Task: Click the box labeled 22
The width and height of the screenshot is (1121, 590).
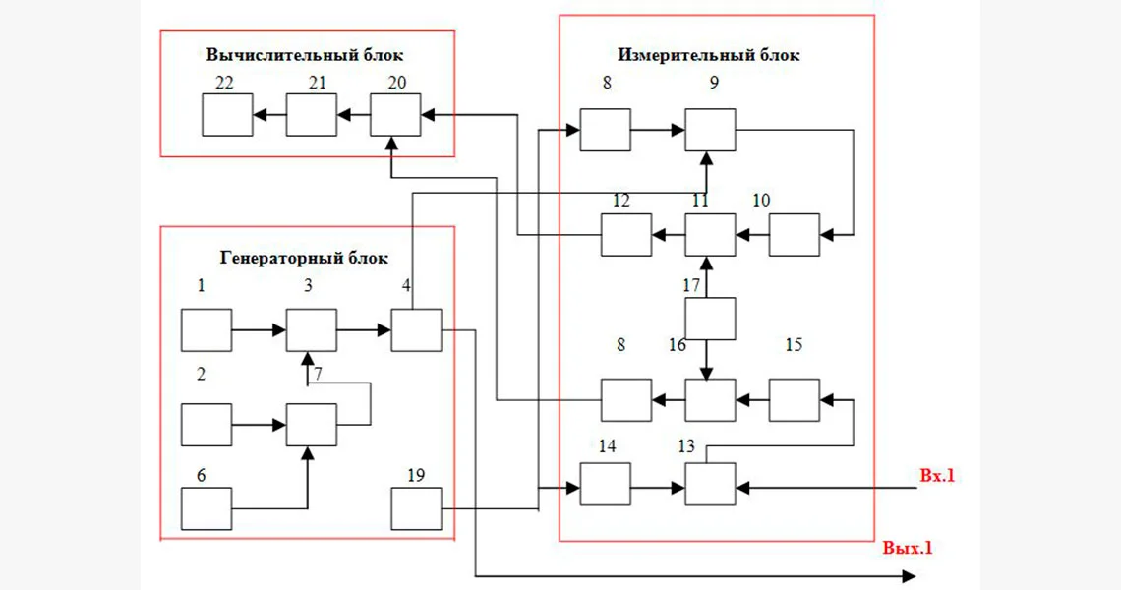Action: pos(227,114)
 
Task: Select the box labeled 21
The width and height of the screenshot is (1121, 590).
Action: pos(311,114)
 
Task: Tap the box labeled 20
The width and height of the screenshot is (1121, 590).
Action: pos(395,114)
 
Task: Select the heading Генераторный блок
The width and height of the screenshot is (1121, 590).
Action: pos(304,258)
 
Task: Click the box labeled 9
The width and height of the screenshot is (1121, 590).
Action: pos(710,130)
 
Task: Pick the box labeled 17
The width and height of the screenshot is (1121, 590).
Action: pos(710,319)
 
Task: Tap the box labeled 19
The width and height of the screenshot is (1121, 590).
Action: pos(417,508)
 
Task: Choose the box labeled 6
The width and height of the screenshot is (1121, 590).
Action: pos(206,508)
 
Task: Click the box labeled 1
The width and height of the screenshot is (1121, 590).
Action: pos(206,329)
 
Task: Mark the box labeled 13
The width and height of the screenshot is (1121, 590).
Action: pos(710,484)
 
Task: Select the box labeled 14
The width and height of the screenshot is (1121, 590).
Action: pos(605,484)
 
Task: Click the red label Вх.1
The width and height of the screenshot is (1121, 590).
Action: pos(936,477)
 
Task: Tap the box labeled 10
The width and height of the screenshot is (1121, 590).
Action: pos(794,236)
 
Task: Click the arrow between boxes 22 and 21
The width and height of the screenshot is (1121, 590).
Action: pos(269,114)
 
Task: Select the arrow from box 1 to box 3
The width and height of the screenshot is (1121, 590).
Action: pos(259,329)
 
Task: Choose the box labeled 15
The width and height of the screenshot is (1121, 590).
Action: pos(794,399)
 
